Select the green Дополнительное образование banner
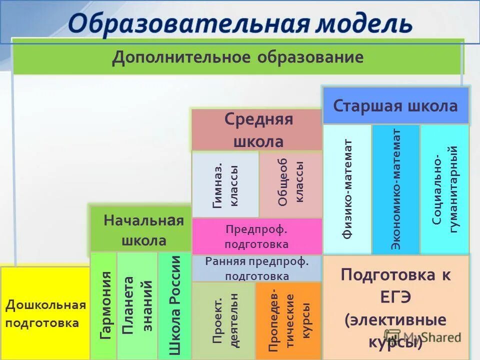tap(238, 57)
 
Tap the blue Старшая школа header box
tap(395, 106)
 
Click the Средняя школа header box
tap(257, 130)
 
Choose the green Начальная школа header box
tap(140, 230)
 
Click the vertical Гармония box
tap(104, 305)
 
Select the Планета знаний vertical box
tap(137, 305)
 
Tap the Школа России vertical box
tap(174, 305)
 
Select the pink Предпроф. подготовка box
tap(257, 236)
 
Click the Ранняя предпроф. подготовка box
tap(257, 268)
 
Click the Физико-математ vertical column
tap(347, 189)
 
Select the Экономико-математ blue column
tap(396, 189)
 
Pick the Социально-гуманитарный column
tap(444, 189)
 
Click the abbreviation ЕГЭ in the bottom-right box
tap(396, 297)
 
